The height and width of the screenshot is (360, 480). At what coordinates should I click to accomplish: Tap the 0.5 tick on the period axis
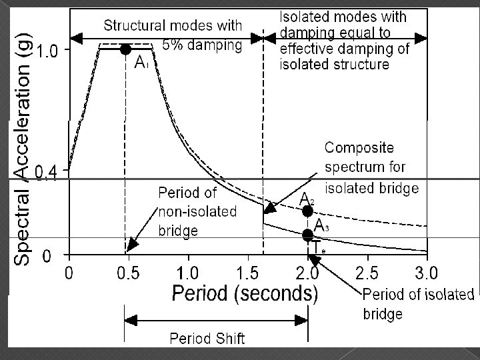128,272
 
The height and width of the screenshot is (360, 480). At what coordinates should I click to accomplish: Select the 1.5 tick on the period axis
247,272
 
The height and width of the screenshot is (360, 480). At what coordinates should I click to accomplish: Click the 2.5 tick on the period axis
367,272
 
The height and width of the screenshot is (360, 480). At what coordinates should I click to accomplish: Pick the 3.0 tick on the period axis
426,272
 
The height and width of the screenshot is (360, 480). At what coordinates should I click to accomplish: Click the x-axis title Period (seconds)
245,293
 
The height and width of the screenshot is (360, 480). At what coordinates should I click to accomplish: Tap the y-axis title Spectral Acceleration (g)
23,140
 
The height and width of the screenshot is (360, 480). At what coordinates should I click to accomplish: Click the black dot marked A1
125,49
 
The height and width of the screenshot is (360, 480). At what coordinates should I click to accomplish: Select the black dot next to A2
307,211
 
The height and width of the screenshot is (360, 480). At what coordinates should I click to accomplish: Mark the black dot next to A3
307,235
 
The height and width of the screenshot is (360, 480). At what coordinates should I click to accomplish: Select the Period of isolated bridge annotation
418,303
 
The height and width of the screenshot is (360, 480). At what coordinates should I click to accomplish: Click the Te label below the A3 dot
319,248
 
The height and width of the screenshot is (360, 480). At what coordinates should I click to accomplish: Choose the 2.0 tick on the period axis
307,272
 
